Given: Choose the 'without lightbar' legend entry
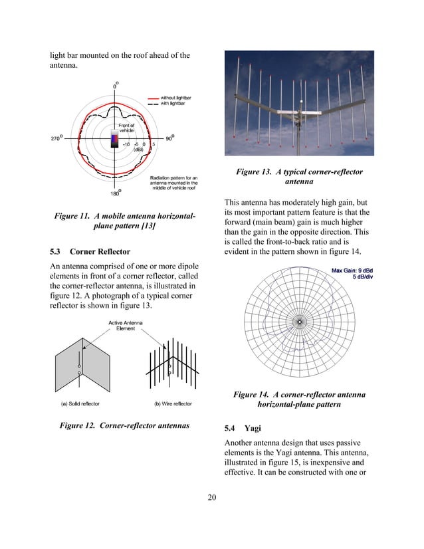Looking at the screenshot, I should [x=177, y=97].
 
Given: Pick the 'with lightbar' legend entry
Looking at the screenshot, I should [x=175, y=103].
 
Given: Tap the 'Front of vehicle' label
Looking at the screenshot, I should [x=126, y=128].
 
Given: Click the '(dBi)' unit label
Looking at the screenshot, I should [x=139, y=150].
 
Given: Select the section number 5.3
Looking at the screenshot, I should [x=56, y=252].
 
